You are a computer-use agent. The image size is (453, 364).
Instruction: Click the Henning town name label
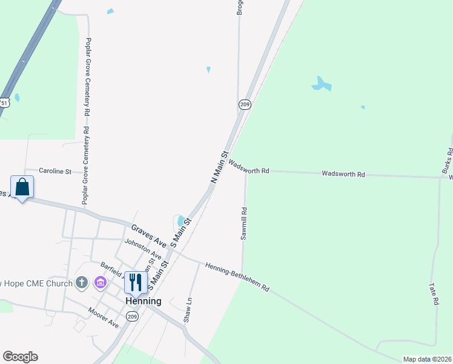(x=144, y=301)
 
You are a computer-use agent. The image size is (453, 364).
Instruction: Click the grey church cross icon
(x=82, y=283)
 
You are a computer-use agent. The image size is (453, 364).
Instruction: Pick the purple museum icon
(x=101, y=283)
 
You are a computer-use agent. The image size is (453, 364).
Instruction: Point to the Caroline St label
(x=55, y=172)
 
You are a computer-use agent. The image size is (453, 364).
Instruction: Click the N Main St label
(x=219, y=167)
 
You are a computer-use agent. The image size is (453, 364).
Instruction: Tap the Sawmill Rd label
(x=244, y=224)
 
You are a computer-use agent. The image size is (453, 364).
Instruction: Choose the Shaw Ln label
(x=188, y=309)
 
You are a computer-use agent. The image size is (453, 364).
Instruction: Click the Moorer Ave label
(x=103, y=317)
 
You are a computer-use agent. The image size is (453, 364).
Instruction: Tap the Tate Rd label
(x=434, y=293)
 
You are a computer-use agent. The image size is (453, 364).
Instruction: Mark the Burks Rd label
(x=447, y=159)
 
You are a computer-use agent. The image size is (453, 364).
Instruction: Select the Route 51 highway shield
(x=4, y=103)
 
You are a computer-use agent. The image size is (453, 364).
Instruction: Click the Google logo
(x=20, y=357)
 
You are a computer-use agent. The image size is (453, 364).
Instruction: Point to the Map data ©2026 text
(x=426, y=359)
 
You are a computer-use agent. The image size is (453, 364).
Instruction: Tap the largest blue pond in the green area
(x=321, y=84)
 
